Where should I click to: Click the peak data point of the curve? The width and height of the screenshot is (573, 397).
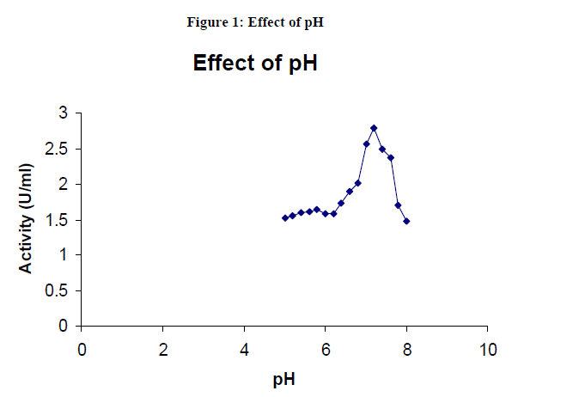[374, 128]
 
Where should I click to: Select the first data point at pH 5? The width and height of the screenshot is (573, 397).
[284, 218]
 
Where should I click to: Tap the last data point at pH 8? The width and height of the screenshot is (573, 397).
[406, 221]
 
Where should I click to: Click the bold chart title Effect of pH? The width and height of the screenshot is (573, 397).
[255, 64]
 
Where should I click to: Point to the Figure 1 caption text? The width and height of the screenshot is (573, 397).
[255, 22]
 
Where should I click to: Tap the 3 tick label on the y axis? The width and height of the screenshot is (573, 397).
[63, 113]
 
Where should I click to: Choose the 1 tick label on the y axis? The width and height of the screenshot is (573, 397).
[63, 255]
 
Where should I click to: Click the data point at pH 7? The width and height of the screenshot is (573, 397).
[366, 144]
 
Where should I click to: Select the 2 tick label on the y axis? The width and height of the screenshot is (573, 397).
[63, 184]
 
